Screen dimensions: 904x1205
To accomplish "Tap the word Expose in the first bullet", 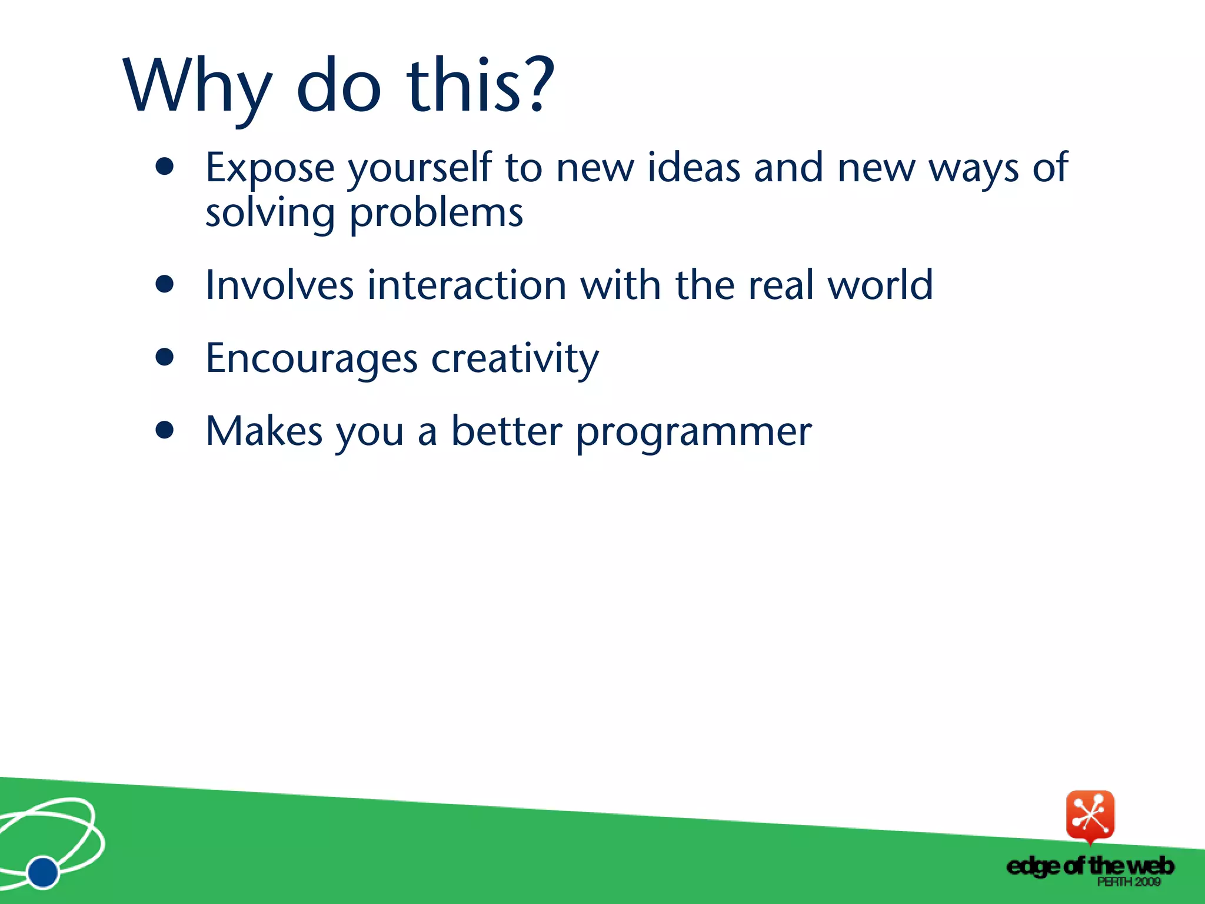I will click(x=269, y=168).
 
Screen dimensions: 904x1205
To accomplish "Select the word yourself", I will click(x=419, y=168).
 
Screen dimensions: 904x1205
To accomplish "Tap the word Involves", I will click(x=279, y=285).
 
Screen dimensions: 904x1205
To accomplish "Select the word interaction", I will click(x=467, y=285).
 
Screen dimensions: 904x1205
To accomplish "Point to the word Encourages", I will click(x=311, y=359).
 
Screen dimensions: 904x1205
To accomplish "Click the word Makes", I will click(x=264, y=431).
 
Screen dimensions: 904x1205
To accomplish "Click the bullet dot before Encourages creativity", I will click(x=165, y=357).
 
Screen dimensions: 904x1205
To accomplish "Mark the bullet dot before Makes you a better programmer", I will click(x=165, y=430).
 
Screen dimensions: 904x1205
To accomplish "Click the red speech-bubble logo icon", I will click(x=1090, y=816).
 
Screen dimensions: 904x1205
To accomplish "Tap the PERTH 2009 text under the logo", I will click(x=1128, y=882).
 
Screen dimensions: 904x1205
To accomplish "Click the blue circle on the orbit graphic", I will click(x=43, y=872).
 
